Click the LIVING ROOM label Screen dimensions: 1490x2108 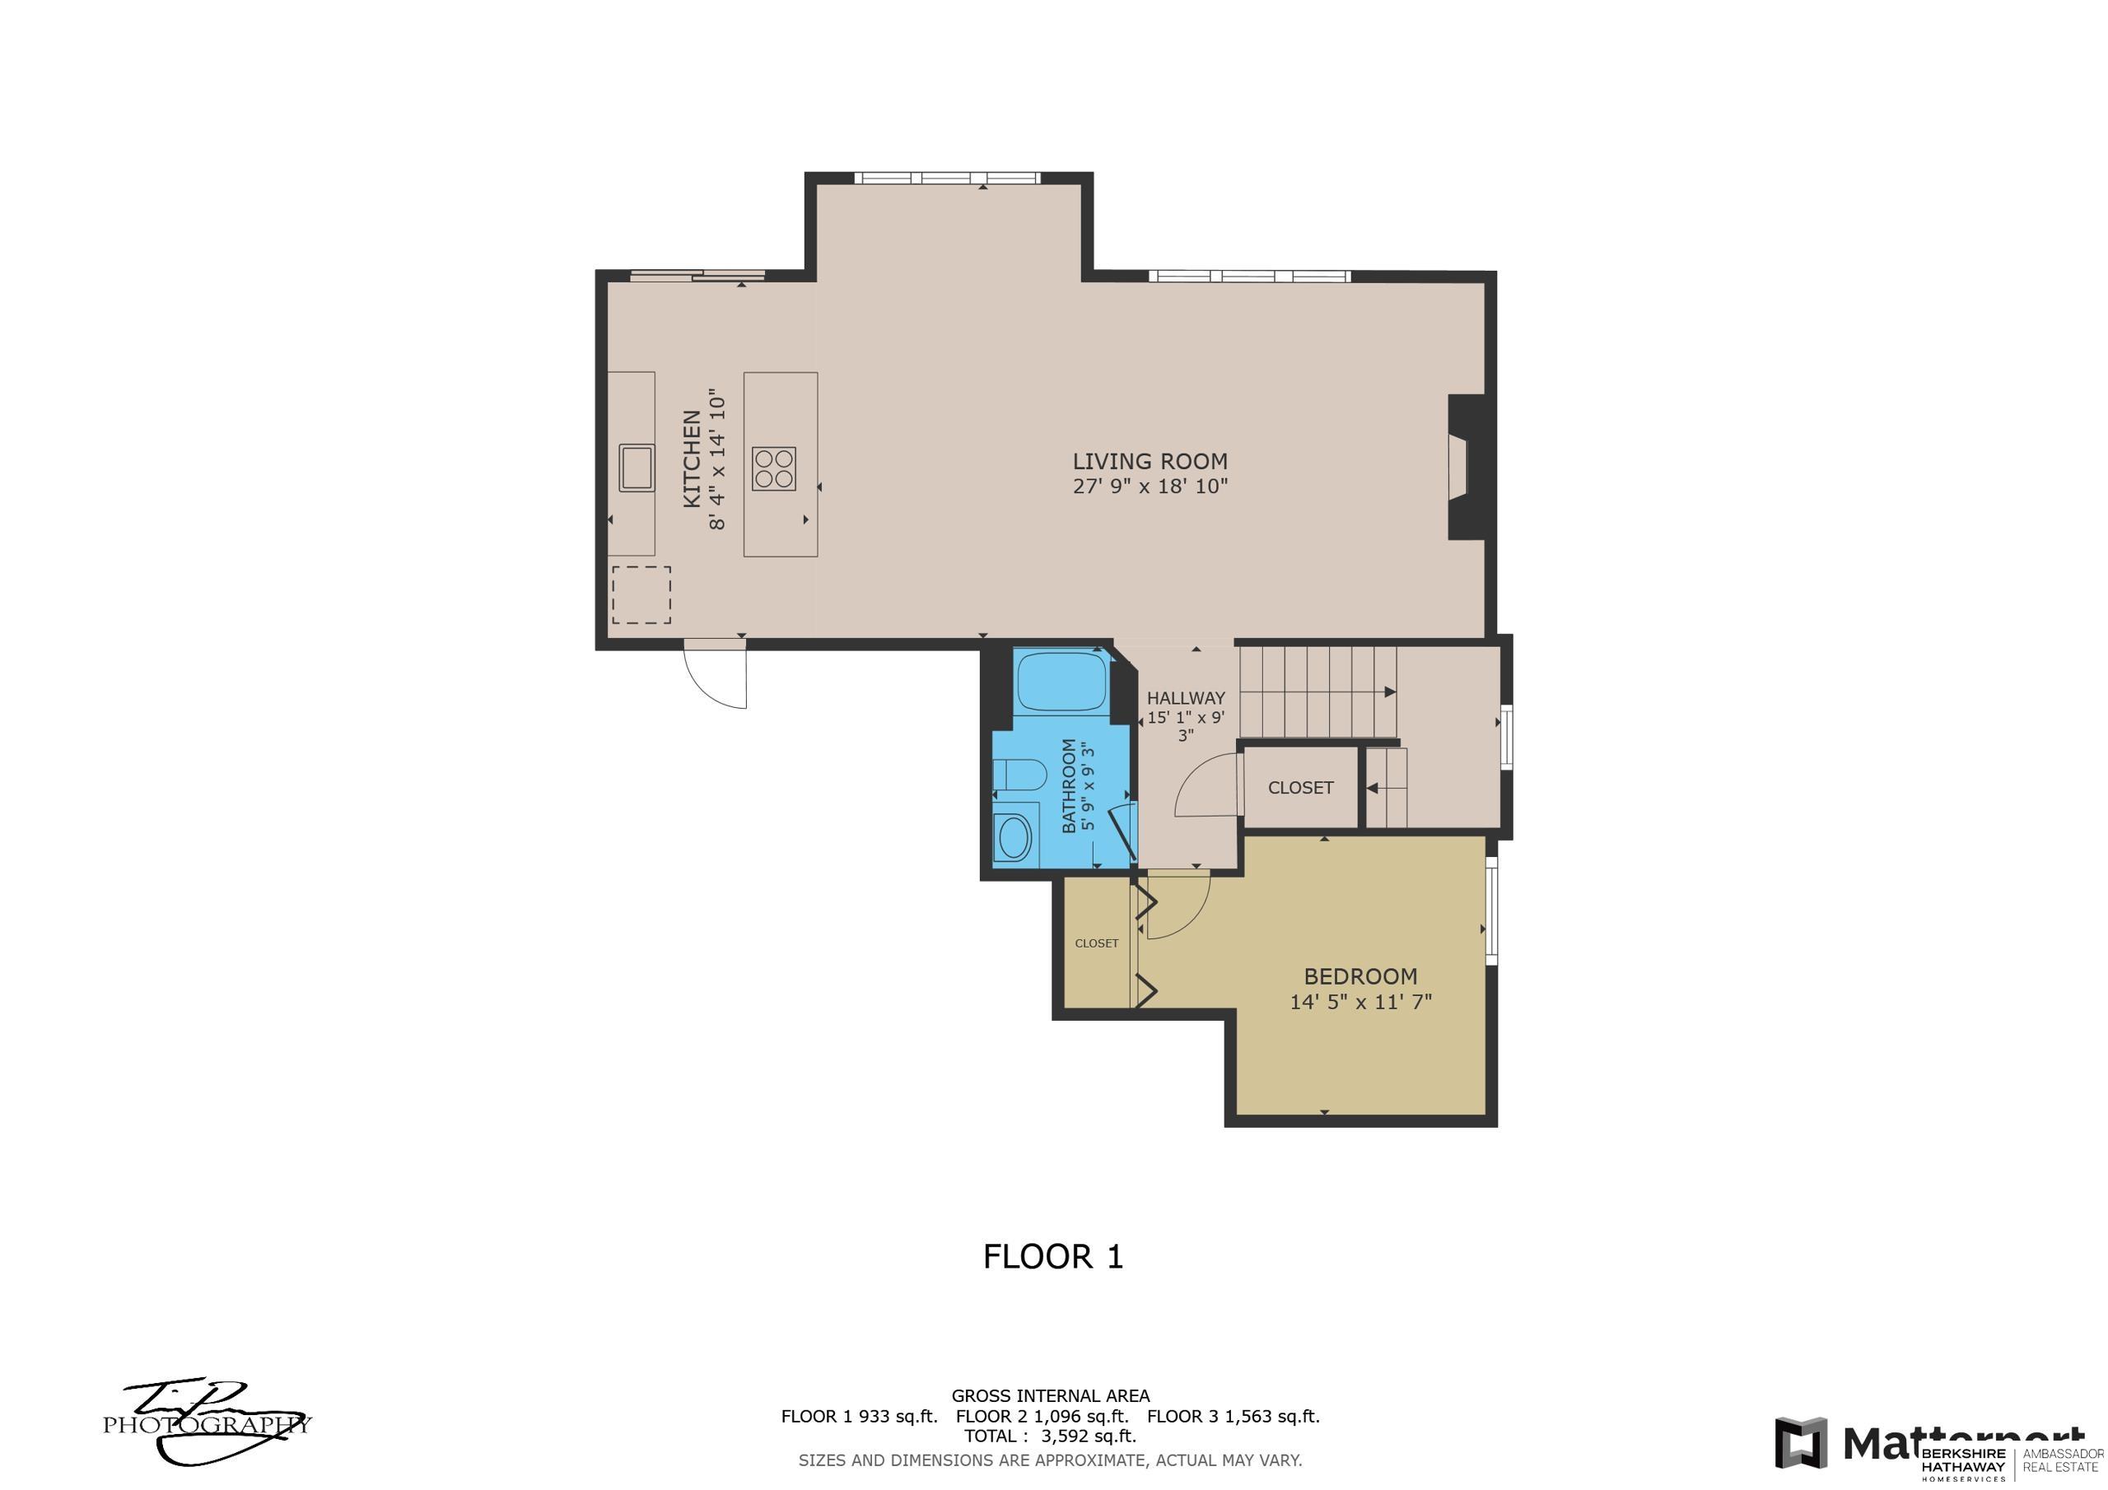1150,462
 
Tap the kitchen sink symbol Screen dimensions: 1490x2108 637,467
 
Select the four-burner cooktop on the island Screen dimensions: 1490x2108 774,468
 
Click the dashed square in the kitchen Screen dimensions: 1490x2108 641,595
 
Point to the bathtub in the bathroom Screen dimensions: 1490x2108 1061,680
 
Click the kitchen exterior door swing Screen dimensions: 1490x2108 717,675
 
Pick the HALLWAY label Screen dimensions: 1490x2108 1185,698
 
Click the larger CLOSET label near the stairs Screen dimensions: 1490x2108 1300,788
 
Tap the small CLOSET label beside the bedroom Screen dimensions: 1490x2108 1096,943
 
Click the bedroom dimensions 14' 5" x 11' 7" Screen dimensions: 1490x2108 1360,1002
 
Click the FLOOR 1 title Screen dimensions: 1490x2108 1053,1257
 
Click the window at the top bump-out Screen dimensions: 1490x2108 947,178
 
